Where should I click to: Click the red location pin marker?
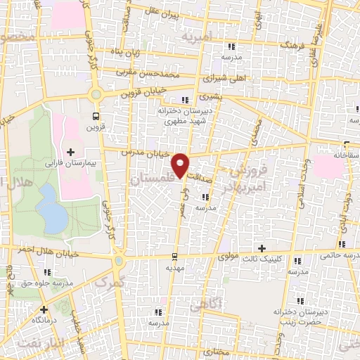coord(181,165)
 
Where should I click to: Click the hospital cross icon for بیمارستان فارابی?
coord(70,152)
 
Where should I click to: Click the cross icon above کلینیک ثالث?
coord(262,248)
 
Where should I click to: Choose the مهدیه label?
coord(174,268)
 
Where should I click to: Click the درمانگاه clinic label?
coord(49,319)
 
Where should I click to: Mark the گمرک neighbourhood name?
coord(109,283)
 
